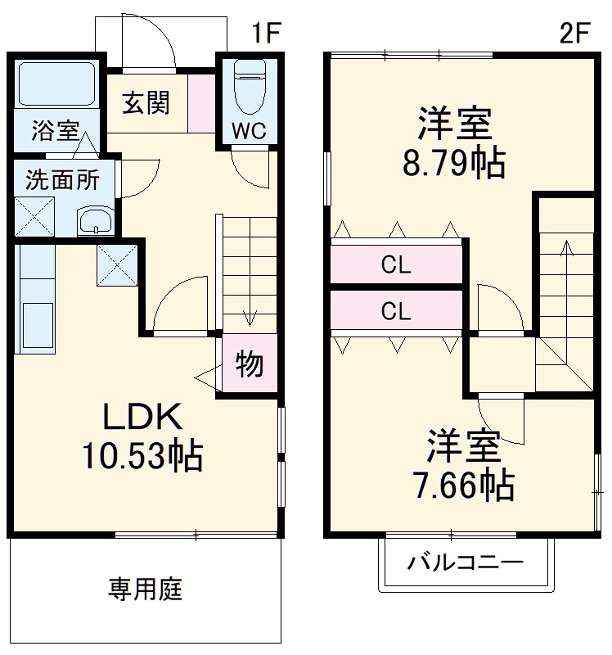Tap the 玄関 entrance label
(146, 103)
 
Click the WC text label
(247, 132)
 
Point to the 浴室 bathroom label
(56, 130)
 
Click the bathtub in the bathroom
(56, 84)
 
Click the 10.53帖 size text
(141, 455)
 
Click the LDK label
(141, 418)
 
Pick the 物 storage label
(250, 364)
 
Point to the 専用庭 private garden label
(146, 588)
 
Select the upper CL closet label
(396, 265)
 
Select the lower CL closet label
(396, 311)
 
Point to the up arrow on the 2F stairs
(565, 246)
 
